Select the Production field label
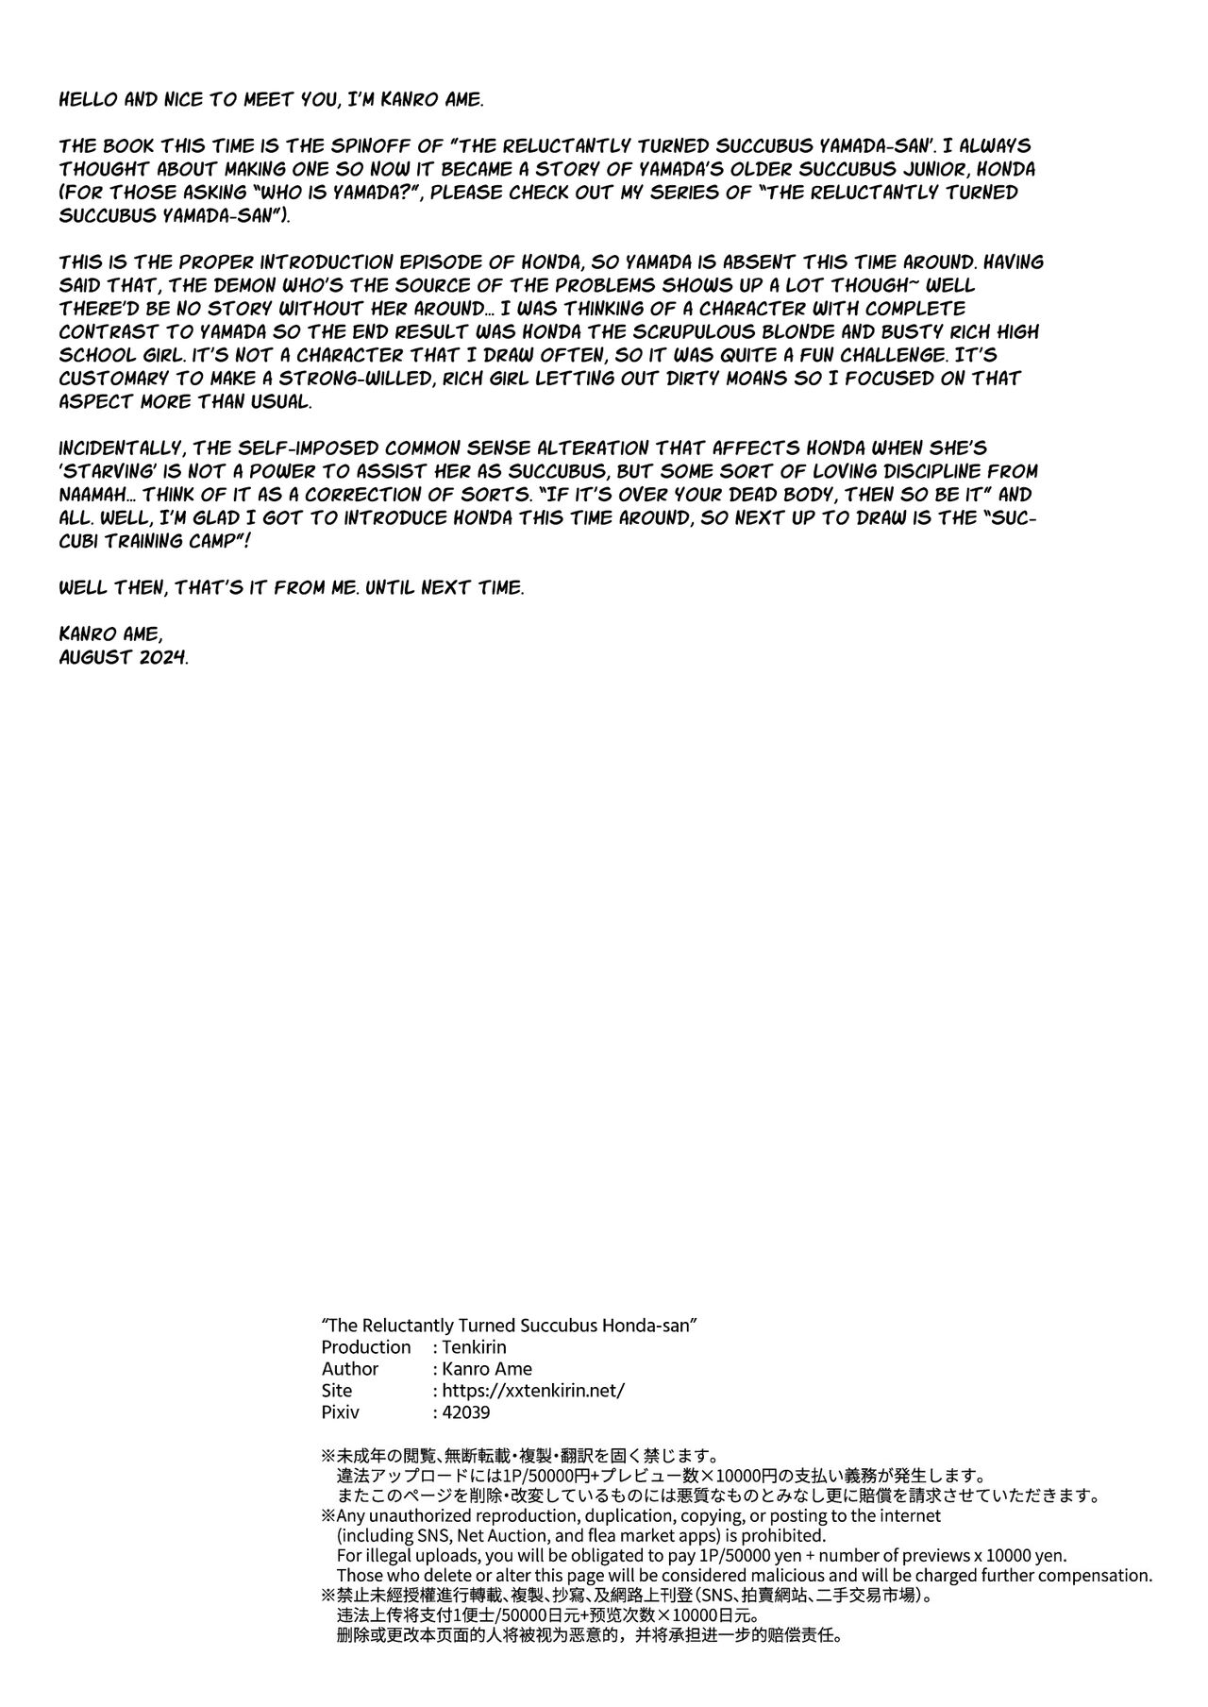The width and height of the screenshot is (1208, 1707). (x=366, y=1346)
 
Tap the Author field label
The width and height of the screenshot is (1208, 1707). (x=349, y=1368)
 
